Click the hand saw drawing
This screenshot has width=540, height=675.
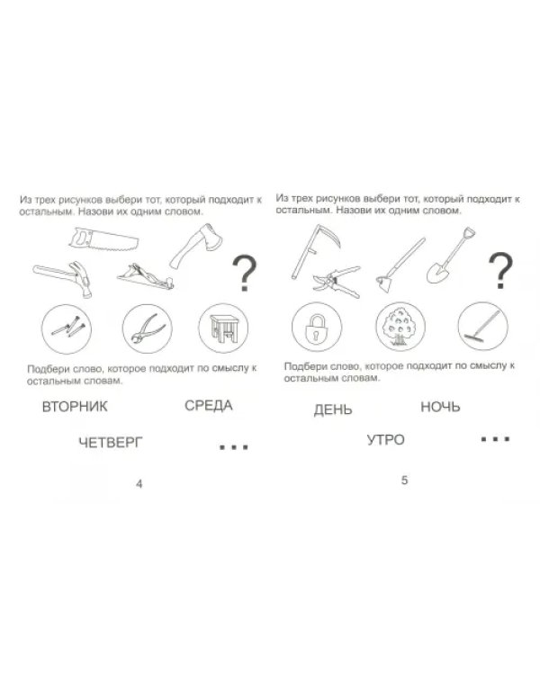103,239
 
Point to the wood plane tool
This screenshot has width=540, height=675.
146,277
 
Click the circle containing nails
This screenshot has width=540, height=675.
67,328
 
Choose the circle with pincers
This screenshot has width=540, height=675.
148,328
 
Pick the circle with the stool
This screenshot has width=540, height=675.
223,328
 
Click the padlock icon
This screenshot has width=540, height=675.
317,328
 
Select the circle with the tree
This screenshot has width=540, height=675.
400,327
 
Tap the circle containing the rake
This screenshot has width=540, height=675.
482,327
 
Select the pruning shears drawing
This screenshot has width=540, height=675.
337,282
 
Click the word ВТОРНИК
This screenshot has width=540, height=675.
75,407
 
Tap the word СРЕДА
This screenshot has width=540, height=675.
209,406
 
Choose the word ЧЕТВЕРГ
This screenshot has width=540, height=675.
110,442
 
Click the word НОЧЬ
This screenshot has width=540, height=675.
440,407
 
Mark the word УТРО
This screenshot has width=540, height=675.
386,440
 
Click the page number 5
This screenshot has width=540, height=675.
404,480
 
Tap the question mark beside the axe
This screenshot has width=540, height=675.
244,273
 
